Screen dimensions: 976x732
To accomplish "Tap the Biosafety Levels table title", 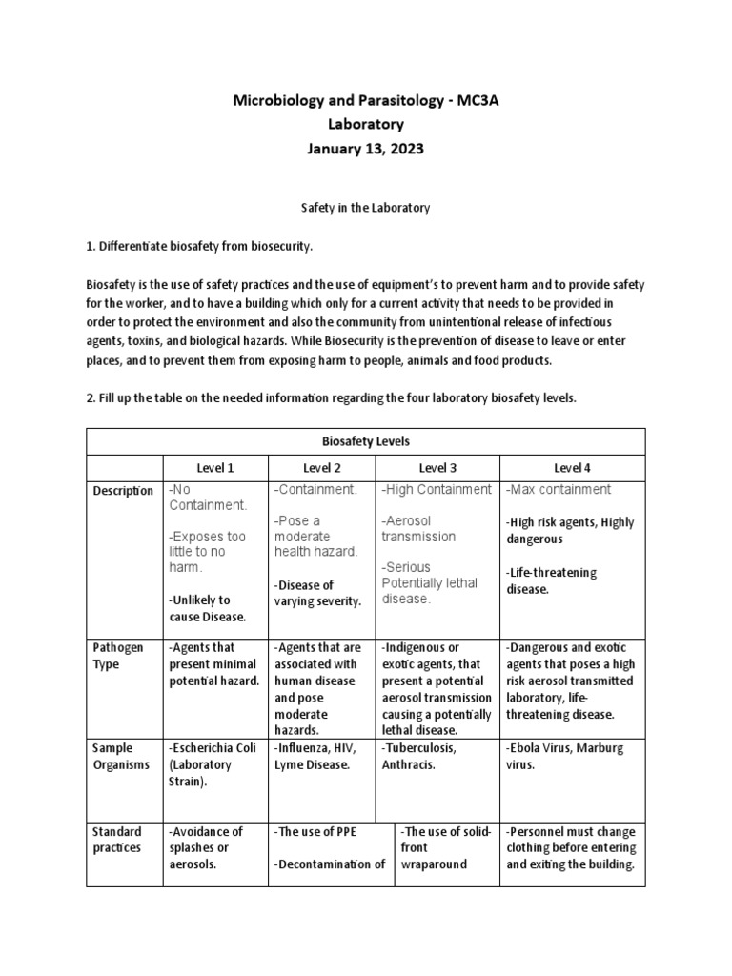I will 366,441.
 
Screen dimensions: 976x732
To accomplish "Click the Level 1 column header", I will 215,468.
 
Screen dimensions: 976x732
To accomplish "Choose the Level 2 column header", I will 322,468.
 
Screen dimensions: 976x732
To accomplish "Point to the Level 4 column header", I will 573,468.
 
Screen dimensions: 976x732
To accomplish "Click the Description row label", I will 123,491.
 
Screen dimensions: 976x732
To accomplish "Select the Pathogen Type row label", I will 119,656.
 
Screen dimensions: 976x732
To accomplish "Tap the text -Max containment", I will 559,490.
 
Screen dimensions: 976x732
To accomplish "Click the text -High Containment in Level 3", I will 437,490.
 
